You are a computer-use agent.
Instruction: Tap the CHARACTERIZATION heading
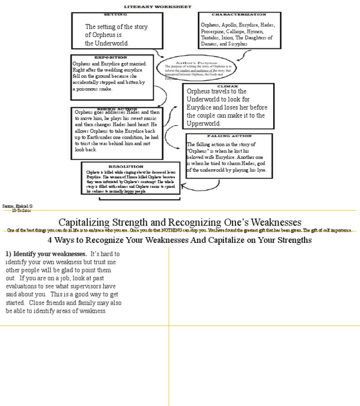[x=239, y=15]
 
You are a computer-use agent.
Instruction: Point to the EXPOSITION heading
[x=111, y=57]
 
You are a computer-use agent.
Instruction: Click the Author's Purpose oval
[x=197, y=68]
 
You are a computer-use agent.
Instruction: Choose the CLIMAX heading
[x=227, y=86]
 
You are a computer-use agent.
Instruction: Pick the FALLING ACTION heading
[x=229, y=136]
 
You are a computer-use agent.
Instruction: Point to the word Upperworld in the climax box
[x=203, y=123]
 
